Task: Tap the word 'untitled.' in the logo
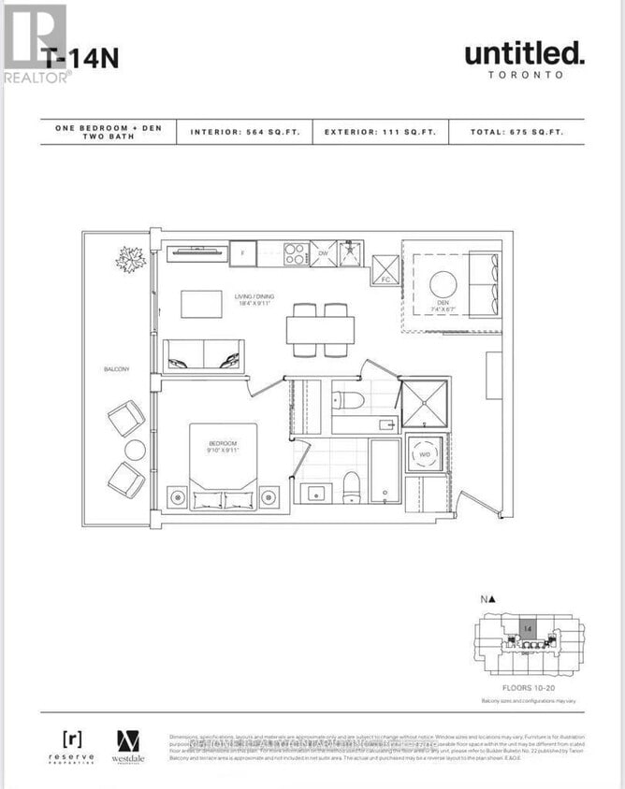(x=524, y=53)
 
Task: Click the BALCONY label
(x=117, y=369)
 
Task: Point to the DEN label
(x=443, y=303)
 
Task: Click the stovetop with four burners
(x=297, y=252)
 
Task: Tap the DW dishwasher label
(x=323, y=252)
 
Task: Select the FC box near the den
(x=385, y=268)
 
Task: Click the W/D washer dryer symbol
(x=425, y=453)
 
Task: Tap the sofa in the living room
(x=203, y=355)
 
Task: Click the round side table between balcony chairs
(x=135, y=450)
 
